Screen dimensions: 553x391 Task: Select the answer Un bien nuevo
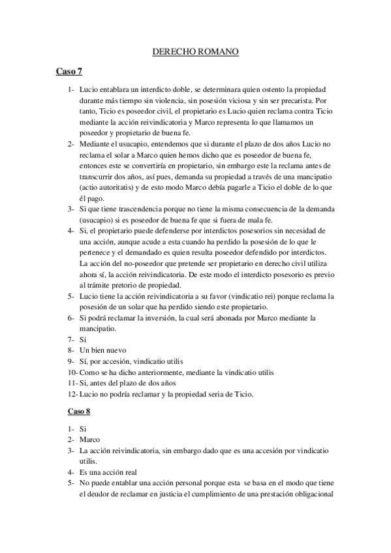[102, 351]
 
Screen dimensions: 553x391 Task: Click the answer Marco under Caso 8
[91, 440]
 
